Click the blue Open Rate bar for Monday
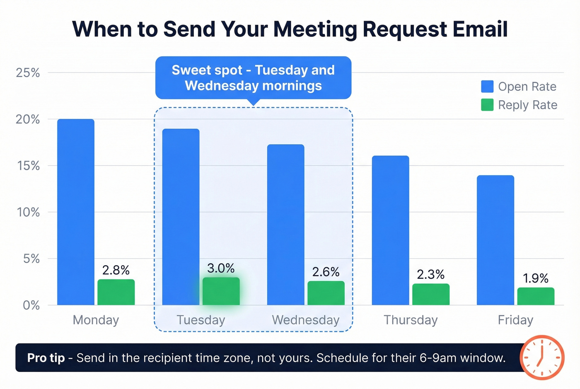point(76,212)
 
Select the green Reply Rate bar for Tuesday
point(221,292)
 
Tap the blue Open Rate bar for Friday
point(495,240)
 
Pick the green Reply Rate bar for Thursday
point(430,295)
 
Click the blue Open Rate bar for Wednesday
point(285,225)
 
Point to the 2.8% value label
point(116,270)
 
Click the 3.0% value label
point(221,268)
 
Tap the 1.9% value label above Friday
point(535,278)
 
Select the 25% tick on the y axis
point(28,73)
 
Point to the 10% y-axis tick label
point(28,213)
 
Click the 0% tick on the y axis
point(31,306)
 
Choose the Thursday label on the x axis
point(410,320)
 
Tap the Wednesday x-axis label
point(306,320)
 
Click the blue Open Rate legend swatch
point(487,87)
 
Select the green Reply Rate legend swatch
point(487,105)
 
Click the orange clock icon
point(541,357)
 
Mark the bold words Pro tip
point(46,358)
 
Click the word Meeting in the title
point(315,29)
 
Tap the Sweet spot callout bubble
point(253,78)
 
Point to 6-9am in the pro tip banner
point(438,358)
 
